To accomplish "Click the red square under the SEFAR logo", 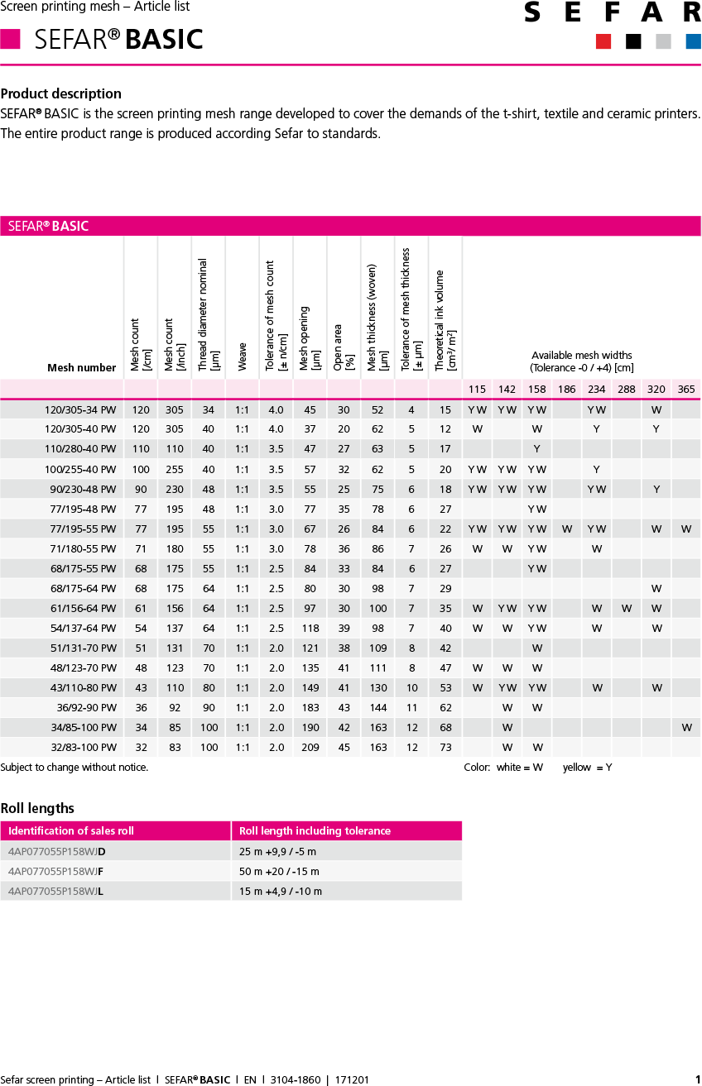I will tap(603, 41).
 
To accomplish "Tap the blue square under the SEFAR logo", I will tap(693, 41).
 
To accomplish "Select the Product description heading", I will tap(61, 93).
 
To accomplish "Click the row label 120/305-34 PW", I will tap(80, 409).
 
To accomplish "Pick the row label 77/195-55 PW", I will tap(83, 529).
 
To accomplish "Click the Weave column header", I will tap(243, 356).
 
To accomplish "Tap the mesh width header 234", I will tap(597, 389).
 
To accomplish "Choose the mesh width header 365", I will tap(686, 389).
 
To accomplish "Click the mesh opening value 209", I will tap(310, 747).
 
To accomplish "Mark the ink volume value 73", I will tap(445, 747).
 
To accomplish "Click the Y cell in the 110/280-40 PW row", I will tap(537, 449).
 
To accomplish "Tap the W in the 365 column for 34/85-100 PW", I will tap(686, 727).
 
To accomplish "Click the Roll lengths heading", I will tap(37, 808).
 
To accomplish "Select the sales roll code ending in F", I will tap(55, 871).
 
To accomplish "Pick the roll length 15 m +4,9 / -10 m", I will tap(281, 891).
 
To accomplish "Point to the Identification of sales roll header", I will tap(71, 830).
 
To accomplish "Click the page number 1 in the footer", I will tap(697, 1079).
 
